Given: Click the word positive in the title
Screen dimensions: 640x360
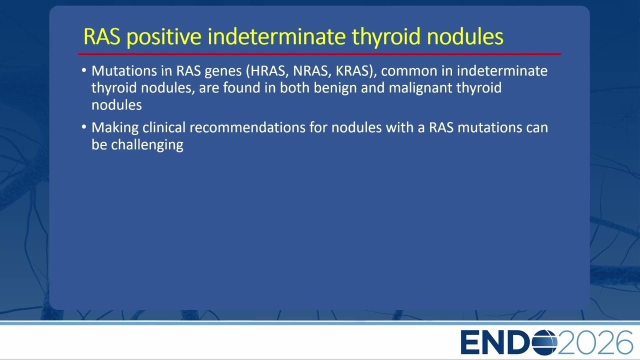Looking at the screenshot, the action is tap(164, 37).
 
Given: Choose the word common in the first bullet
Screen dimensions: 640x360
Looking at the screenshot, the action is tap(409, 71).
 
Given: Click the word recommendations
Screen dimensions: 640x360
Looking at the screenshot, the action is tap(247, 127).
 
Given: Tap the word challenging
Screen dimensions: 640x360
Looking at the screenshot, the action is tap(147, 145).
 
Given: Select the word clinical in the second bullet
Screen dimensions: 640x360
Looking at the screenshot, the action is tap(164, 127).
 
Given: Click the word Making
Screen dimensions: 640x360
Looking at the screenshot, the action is tap(115, 128).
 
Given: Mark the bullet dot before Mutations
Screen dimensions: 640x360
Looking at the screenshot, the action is tap(83, 70).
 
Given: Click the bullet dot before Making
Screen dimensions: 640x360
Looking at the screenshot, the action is tap(83, 126).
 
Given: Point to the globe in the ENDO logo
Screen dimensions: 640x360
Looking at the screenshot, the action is tap(544, 342).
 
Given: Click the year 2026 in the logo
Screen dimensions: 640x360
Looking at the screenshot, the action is tap(595, 342).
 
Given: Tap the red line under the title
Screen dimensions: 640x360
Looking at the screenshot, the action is tap(319, 53).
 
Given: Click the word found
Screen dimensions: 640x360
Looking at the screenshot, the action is tap(241, 87).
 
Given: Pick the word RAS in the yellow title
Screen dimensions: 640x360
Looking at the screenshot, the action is tap(102, 36).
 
